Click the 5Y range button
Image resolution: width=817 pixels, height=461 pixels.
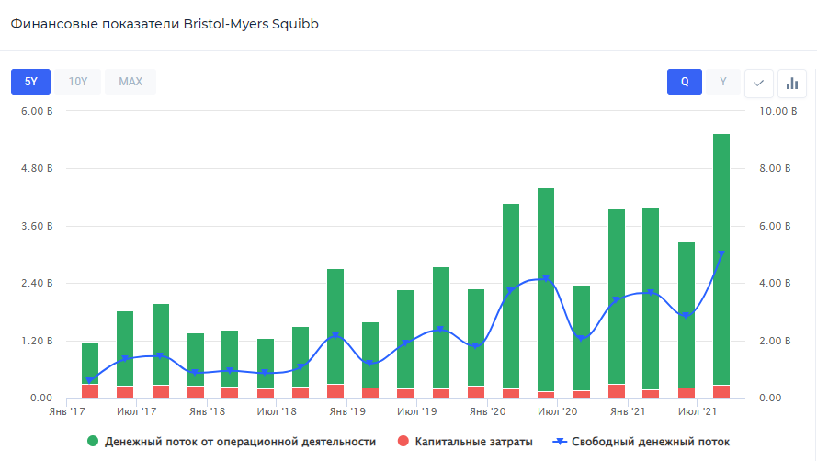[x=30, y=82]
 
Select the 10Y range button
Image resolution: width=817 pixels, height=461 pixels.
[x=78, y=82]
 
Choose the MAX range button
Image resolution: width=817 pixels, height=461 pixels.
[x=130, y=82]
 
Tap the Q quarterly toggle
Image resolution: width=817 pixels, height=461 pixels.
[x=685, y=82]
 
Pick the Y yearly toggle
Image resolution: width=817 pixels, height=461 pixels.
[x=723, y=82]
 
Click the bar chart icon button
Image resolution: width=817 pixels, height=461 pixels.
[x=791, y=83]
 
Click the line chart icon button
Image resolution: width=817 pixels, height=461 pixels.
[x=758, y=83]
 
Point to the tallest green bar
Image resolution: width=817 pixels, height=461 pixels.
[x=721, y=257]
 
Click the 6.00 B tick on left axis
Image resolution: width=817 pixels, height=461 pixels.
[x=38, y=112]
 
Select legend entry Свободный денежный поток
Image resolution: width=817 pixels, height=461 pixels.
[x=641, y=442]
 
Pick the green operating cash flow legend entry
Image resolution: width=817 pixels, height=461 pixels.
[x=232, y=442]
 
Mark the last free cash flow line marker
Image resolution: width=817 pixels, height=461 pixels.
[x=721, y=254]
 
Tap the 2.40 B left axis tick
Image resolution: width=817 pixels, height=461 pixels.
[x=38, y=283]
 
